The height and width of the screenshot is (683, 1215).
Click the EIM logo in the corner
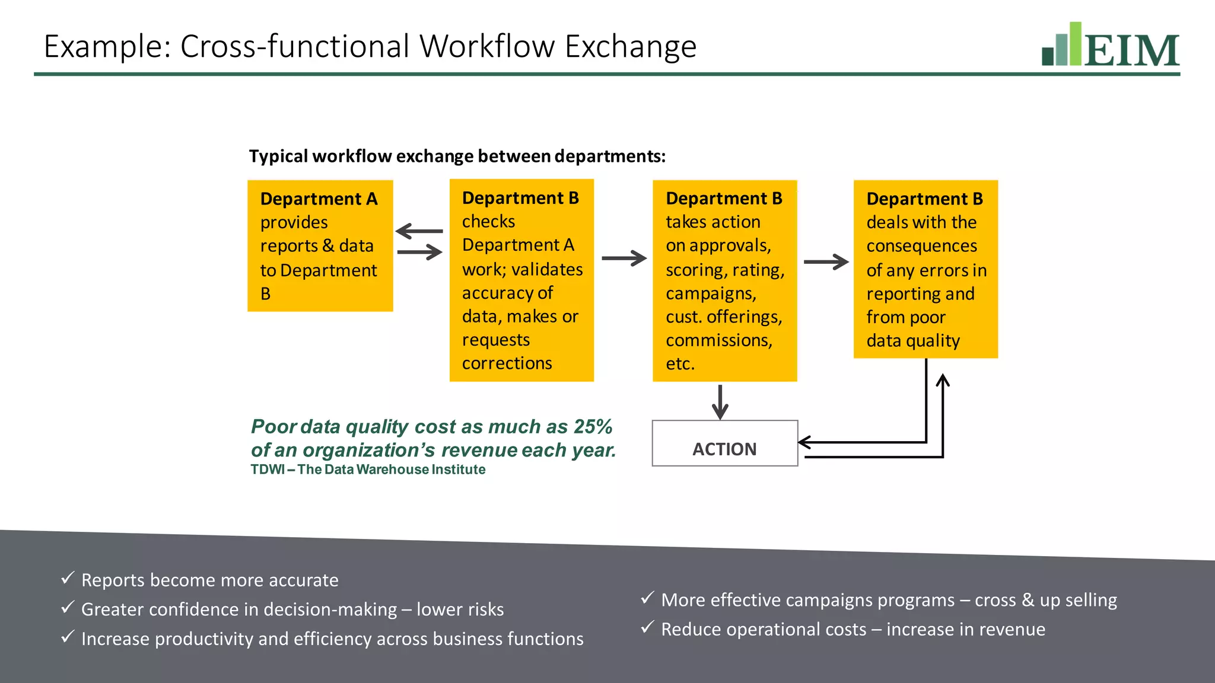pos(1111,45)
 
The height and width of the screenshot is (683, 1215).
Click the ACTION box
pos(724,443)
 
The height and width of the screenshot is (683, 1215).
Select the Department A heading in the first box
pos(319,199)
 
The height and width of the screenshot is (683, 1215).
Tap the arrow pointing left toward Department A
pos(418,231)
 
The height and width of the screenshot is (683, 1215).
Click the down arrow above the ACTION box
pos(720,403)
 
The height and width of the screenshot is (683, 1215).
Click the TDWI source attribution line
pos(368,470)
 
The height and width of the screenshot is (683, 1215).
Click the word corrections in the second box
pos(507,363)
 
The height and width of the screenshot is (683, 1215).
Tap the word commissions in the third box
pos(718,340)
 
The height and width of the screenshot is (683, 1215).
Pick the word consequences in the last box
pos(921,245)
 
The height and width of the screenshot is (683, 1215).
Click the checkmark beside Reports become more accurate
pos(68,577)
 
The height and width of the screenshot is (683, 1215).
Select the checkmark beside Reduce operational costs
pos(647,627)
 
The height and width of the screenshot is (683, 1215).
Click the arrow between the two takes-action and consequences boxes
pos(826,261)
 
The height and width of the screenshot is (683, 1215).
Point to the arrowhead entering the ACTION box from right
pos(804,442)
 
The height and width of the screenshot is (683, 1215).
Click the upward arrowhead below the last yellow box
pos(942,380)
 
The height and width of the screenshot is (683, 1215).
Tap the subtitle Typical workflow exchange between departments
pos(457,156)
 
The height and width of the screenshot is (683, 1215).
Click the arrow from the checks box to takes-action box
pos(624,258)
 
